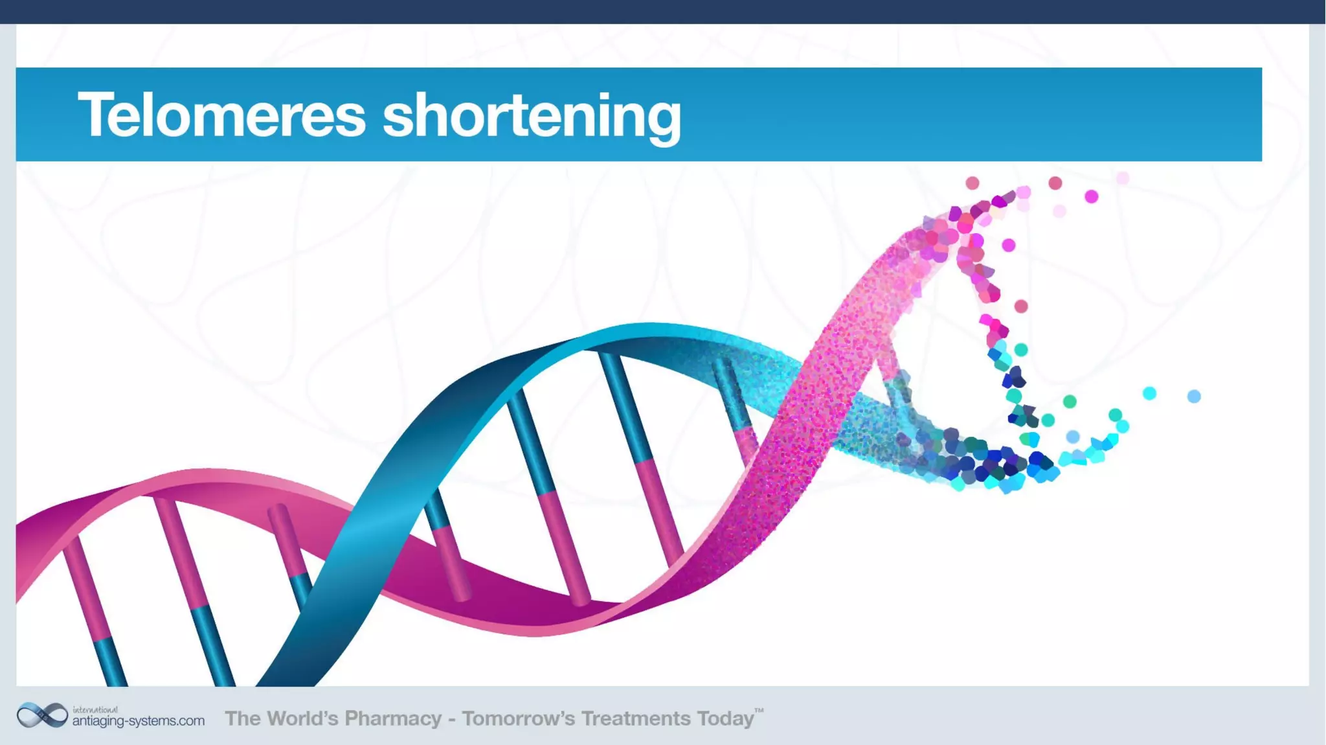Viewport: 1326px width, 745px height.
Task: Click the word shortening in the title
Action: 532,117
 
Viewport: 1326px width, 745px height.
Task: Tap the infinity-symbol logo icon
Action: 42,715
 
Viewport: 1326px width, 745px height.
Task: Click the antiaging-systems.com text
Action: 138,721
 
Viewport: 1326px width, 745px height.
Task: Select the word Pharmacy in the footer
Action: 392,718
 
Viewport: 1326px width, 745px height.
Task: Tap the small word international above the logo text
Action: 95,709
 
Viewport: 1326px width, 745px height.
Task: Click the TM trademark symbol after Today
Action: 759,711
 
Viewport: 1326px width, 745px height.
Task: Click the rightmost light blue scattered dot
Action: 1194,396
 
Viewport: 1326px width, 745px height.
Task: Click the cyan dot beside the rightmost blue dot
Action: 1149,393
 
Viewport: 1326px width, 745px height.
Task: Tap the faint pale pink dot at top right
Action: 1123,178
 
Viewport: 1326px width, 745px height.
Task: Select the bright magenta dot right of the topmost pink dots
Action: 1092,196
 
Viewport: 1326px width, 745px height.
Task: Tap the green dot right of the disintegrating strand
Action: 1070,402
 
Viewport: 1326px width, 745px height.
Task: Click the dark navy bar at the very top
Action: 663,12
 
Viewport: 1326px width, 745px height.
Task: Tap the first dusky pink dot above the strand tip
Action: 972,183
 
